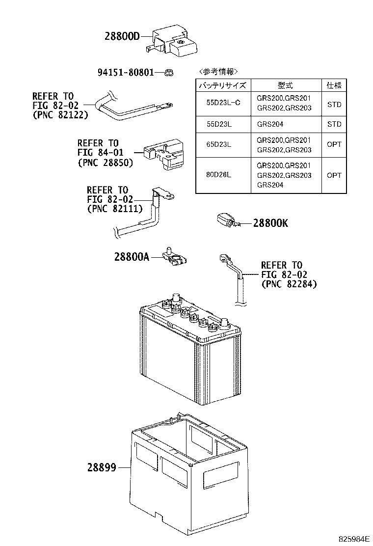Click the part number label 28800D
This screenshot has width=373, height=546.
[122, 36]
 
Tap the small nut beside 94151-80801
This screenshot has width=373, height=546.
[169, 73]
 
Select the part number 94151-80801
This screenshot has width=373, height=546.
[126, 73]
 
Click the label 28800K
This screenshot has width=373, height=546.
[271, 223]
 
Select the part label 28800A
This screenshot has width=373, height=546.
[132, 257]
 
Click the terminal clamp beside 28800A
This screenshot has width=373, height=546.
[175, 257]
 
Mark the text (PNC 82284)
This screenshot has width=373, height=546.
[289, 284]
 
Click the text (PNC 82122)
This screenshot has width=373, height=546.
[60, 115]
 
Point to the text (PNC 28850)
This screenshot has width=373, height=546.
[106, 162]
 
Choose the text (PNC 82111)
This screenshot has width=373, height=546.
[115, 209]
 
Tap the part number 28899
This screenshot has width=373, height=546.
[102, 467]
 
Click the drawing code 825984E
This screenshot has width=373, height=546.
[354, 539]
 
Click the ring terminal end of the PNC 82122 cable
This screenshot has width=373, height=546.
[169, 104]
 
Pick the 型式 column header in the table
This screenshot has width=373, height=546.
[285, 85]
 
